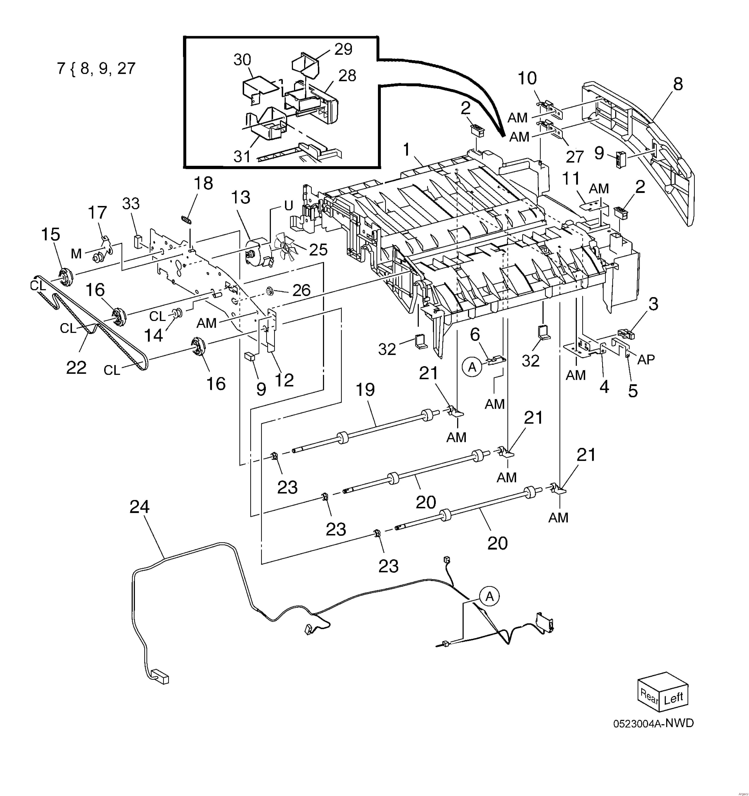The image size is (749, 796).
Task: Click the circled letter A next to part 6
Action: click(x=472, y=367)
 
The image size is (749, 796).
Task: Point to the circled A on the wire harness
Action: click(x=489, y=597)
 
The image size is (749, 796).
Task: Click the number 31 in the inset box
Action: click(x=242, y=156)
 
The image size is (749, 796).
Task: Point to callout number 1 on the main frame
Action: click(x=406, y=150)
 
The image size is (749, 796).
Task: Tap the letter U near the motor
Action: click(x=289, y=205)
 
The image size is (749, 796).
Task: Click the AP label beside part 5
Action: click(x=646, y=359)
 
